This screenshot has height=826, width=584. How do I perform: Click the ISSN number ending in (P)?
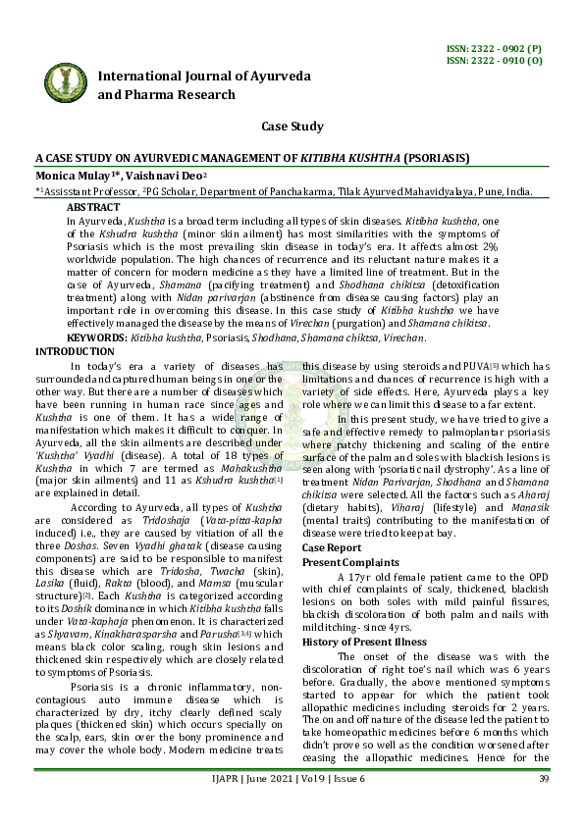[494, 48]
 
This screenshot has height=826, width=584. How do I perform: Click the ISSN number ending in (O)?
[494, 61]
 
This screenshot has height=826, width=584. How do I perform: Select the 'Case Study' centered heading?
[292, 127]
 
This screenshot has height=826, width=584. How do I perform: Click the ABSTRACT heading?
[94, 208]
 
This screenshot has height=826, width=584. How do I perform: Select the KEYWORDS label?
[97, 337]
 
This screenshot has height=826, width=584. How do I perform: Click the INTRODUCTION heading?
[75, 351]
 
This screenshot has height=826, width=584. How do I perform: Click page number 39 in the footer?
[543, 807]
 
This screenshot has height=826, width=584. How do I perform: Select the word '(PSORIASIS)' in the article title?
[435, 157]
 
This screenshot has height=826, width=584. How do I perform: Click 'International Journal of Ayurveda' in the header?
[205, 77]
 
